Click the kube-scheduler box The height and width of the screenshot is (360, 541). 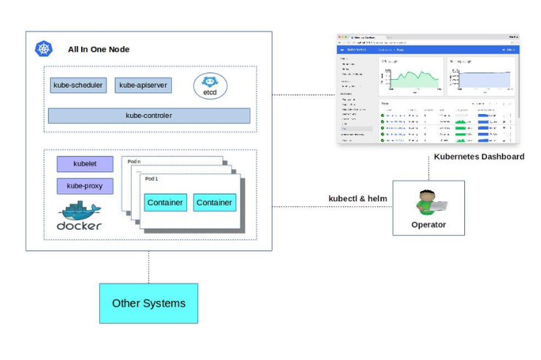78,86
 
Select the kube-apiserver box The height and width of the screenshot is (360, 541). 143,86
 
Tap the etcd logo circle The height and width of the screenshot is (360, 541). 210,86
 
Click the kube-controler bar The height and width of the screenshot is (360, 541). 149,116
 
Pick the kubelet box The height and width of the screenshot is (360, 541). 85,164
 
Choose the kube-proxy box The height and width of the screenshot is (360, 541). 85,186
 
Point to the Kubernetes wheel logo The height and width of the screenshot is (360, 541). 44,49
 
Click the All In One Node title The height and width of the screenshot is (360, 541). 99,50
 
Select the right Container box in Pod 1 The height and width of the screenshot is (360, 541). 214,203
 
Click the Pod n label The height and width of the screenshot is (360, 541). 135,161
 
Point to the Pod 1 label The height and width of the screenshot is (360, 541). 151,179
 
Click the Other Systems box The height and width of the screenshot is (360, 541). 148,303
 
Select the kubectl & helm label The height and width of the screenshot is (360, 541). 357,198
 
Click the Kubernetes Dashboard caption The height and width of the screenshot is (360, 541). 479,157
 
